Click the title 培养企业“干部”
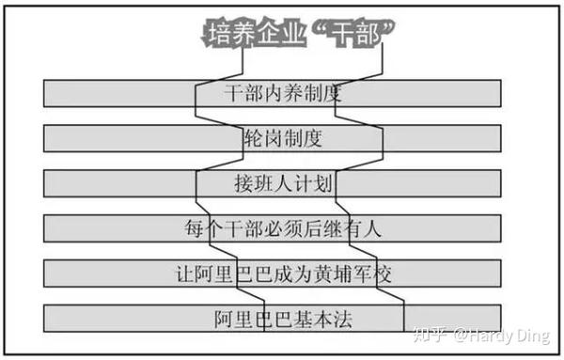click(x=298, y=33)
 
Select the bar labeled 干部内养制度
click(x=273, y=93)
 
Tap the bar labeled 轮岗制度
click(x=273, y=138)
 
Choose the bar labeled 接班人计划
click(x=273, y=183)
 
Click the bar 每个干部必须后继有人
click(x=273, y=228)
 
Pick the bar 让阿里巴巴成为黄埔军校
click(x=273, y=274)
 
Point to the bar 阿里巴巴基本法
click(x=273, y=319)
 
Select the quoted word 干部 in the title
click(x=355, y=34)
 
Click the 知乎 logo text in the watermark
click(x=430, y=335)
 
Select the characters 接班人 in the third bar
click(x=263, y=184)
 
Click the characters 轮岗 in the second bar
click(x=263, y=139)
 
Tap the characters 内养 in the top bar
click(x=284, y=93)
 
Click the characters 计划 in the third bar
click(x=313, y=184)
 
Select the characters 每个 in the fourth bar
click(x=204, y=228)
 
